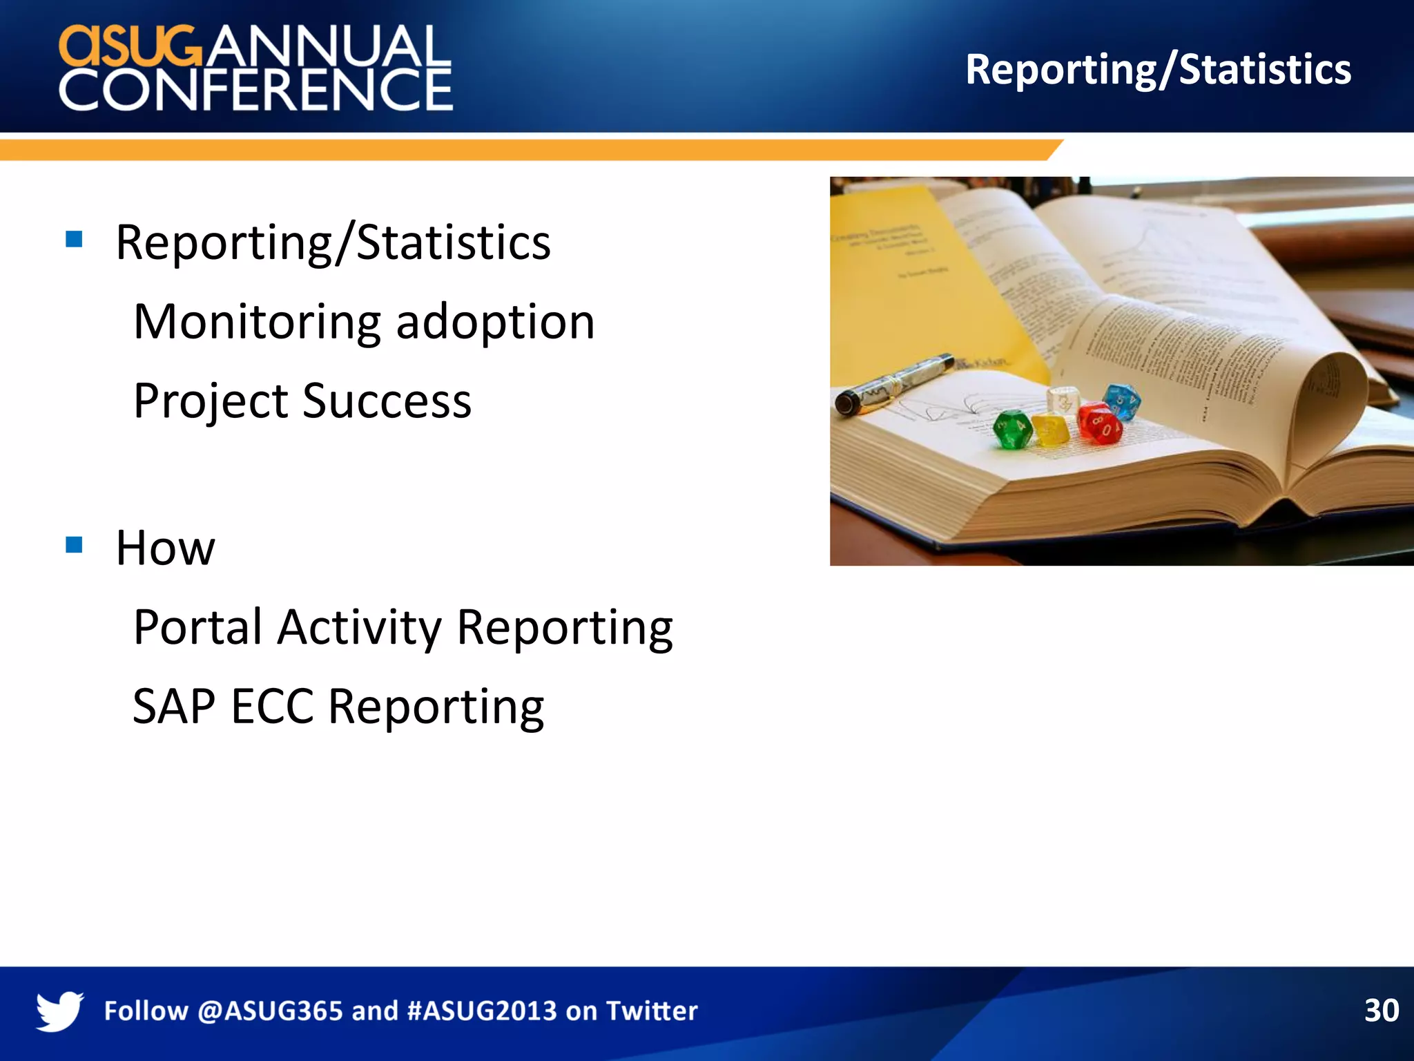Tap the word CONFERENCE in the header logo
click(255, 90)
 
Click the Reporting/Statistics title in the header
click(1158, 70)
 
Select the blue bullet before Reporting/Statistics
click(74, 240)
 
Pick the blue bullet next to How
click(74, 545)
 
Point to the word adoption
click(495, 323)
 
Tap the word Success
click(387, 401)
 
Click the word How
click(165, 548)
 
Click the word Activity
click(359, 627)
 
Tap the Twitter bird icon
click(59, 1011)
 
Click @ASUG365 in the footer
click(270, 1011)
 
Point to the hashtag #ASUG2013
click(482, 1011)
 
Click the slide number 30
click(1381, 1011)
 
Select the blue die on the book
click(1121, 402)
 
